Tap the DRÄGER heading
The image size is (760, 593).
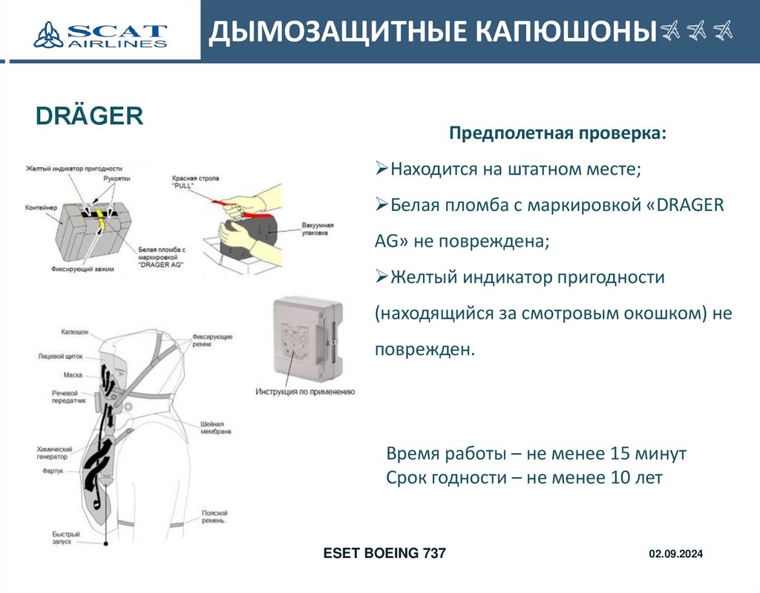(89, 116)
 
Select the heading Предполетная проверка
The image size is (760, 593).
(558, 134)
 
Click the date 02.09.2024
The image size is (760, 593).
(675, 554)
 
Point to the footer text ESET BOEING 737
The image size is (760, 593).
(384, 554)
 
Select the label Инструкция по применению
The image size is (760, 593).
(305, 392)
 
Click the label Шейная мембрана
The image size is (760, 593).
(216, 427)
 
